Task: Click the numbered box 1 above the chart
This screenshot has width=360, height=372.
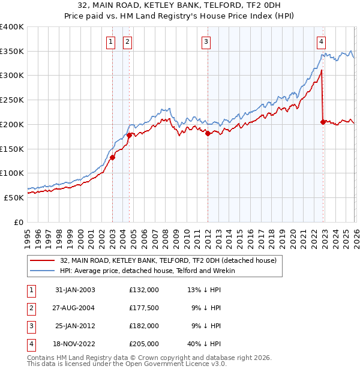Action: [112, 42]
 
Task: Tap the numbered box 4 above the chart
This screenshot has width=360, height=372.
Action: [322, 42]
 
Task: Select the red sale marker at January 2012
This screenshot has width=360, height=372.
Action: [208, 134]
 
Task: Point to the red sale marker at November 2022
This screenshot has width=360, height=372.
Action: [323, 122]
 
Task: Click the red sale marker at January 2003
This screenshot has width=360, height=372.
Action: [112, 158]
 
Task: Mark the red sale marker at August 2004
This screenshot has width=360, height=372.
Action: [129, 136]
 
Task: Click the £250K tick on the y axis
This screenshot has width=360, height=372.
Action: [12, 100]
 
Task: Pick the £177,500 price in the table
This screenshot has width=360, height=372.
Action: [143, 308]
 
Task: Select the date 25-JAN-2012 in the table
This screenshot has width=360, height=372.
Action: [75, 326]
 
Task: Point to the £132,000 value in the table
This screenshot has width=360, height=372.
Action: [143, 290]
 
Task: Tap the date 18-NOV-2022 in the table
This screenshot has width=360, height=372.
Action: [75, 344]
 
